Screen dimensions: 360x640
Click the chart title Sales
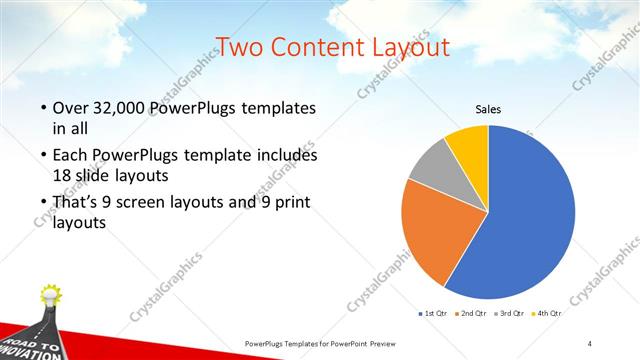tap(487, 109)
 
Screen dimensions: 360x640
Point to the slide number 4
tap(590, 343)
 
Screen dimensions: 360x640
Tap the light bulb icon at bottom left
tap(50, 296)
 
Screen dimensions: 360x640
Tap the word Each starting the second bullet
tap(69, 156)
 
